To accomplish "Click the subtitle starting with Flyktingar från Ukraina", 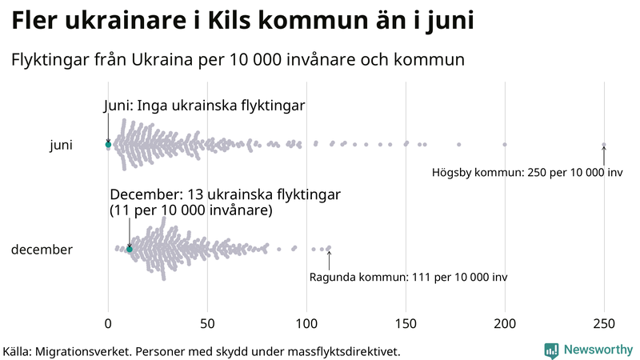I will (238, 60).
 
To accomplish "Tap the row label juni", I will (61, 145).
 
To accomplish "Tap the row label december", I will (42, 250).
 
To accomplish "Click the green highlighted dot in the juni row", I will (108, 145).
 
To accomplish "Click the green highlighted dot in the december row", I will (130, 250).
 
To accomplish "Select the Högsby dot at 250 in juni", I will (604, 145).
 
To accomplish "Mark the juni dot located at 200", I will (505, 145).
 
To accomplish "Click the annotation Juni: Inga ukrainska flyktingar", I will (205, 106).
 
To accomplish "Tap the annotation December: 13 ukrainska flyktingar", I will (226, 196).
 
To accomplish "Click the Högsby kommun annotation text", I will (527, 172).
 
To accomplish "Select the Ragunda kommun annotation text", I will (408, 277).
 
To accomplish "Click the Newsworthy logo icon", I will (551, 350).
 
